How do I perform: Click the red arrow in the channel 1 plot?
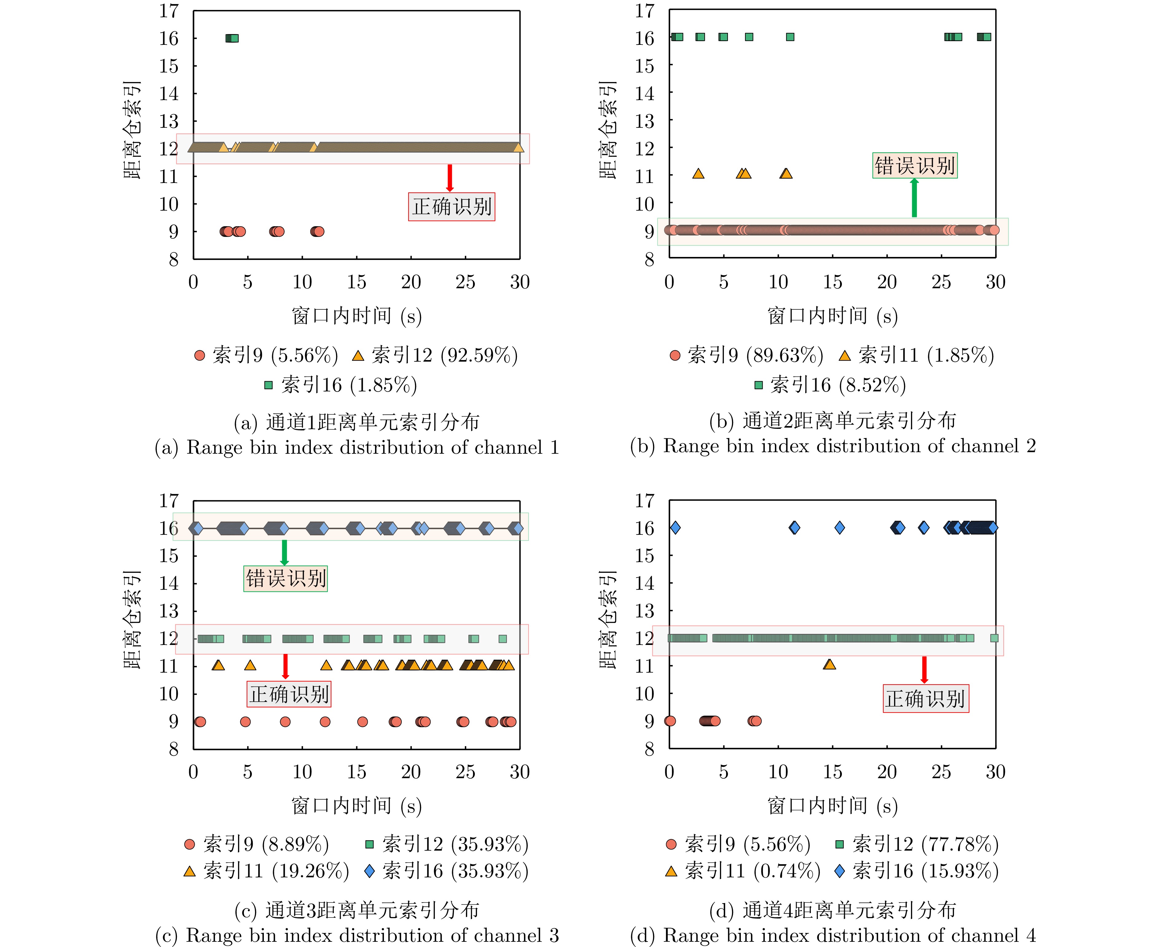click(450, 178)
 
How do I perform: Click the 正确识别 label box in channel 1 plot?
click(451, 207)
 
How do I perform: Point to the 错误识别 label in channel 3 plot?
click(285, 578)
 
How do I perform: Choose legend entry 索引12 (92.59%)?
click(435, 356)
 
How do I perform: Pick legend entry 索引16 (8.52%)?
click(830, 385)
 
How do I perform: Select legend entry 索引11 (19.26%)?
click(266, 871)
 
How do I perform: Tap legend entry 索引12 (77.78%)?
click(917, 844)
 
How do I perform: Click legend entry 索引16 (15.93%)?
click(917, 871)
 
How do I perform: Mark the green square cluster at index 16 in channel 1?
click(232, 38)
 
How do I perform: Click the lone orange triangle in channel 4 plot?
click(829, 664)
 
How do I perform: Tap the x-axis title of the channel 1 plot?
click(356, 316)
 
